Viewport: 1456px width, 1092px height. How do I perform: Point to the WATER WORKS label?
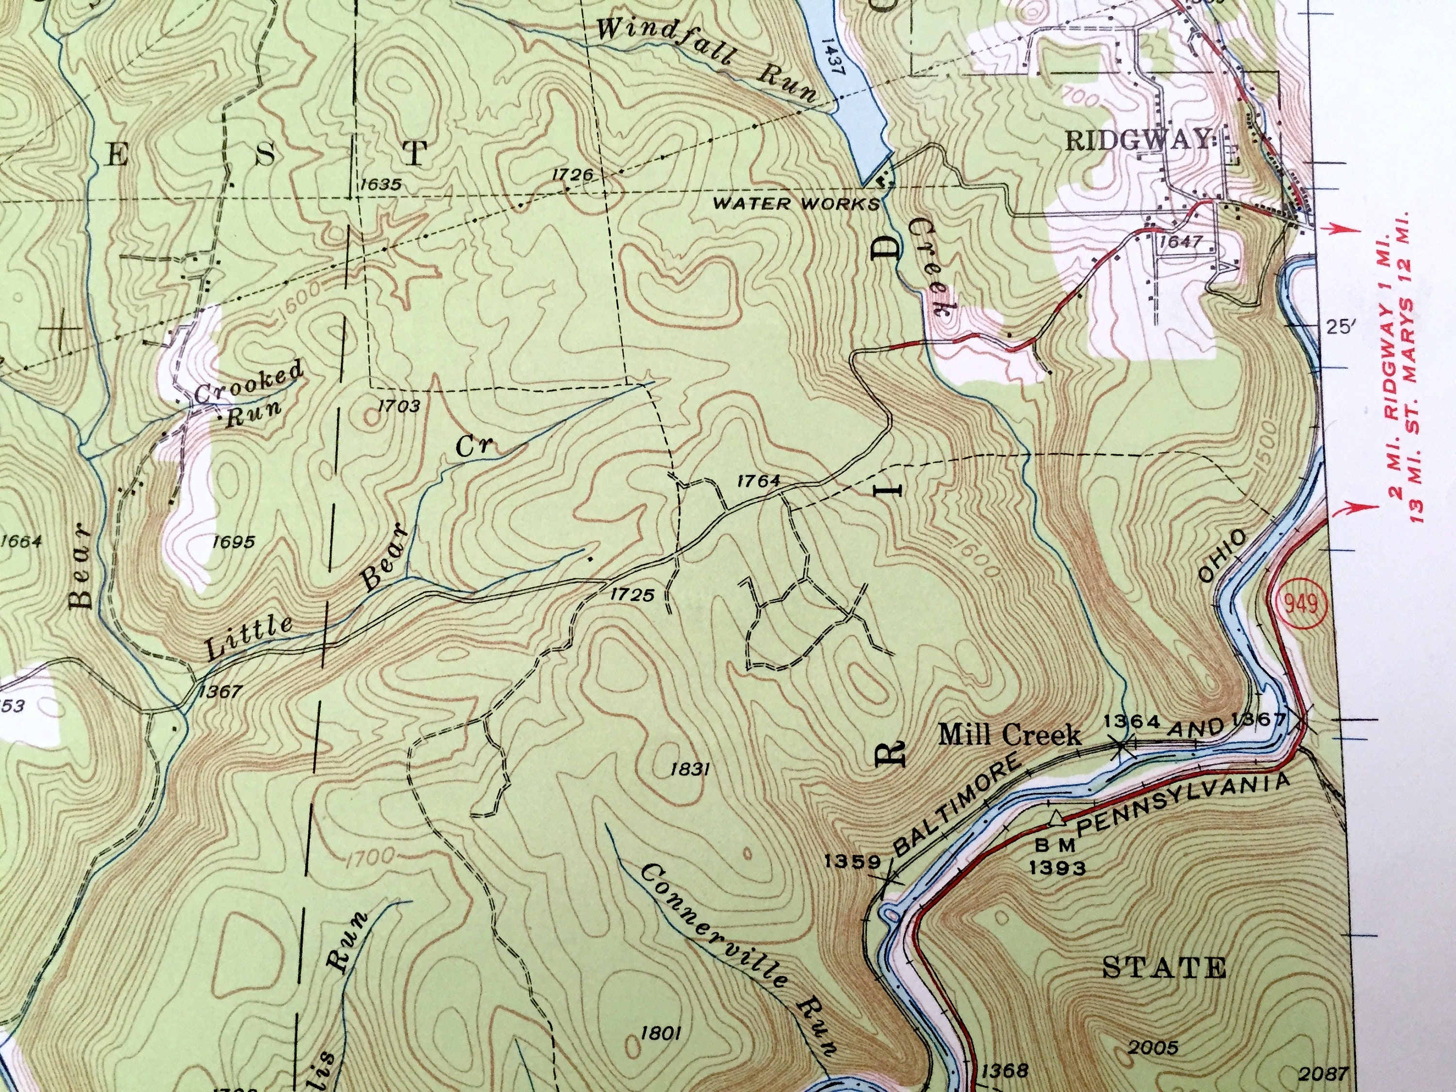(796, 203)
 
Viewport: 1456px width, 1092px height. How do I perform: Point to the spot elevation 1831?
(689, 768)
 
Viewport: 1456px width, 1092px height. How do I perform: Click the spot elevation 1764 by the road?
(759, 480)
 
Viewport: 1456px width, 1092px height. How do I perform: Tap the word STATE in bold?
(1164, 968)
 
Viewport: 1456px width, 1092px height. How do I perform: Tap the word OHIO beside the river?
(1223, 556)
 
